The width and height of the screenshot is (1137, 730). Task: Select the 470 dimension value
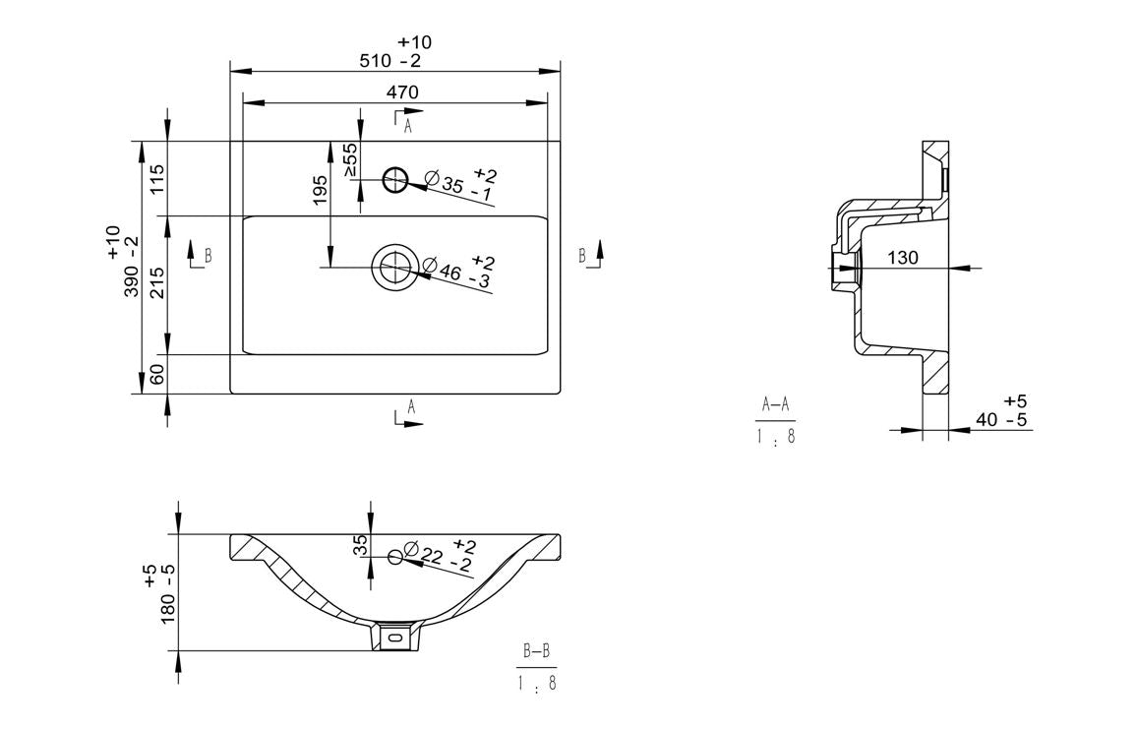tap(401, 91)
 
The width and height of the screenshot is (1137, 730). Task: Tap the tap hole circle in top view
tap(394, 179)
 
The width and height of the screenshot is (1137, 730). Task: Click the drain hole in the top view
tap(394, 266)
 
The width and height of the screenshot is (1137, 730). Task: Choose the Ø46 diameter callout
tap(457, 271)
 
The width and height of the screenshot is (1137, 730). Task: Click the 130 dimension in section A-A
tap(902, 258)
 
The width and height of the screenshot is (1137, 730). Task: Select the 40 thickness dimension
tap(1002, 420)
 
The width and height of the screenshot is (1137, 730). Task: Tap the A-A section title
tap(775, 403)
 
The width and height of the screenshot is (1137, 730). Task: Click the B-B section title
tap(537, 651)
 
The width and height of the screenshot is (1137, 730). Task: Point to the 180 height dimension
tap(167, 593)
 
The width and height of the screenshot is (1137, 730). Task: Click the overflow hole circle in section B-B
tap(395, 557)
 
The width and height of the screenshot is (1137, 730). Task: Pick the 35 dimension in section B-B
tap(361, 546)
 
